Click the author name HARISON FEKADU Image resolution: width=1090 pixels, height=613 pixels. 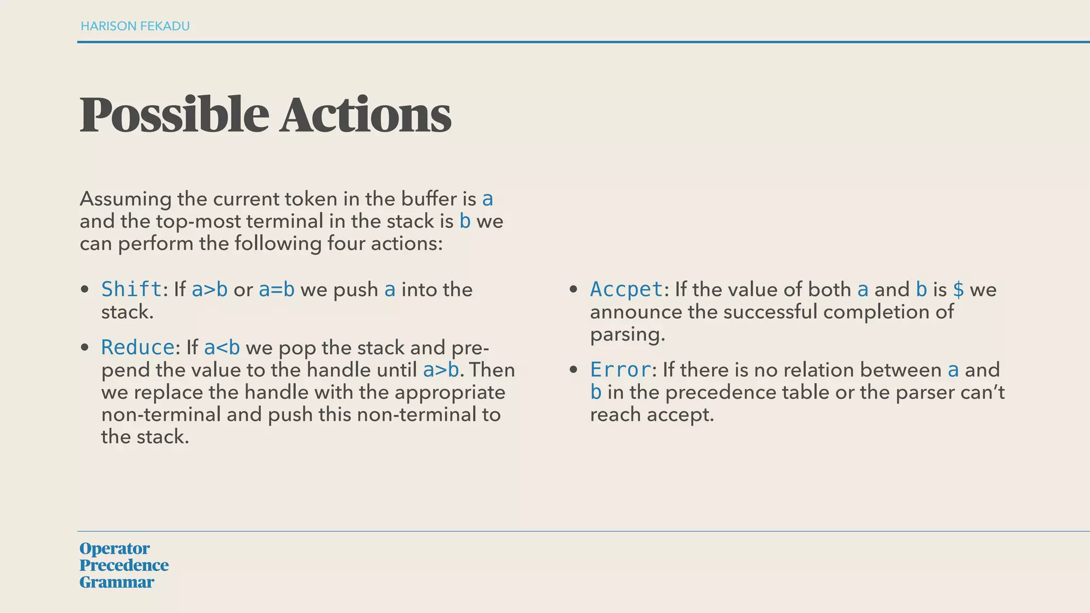coord(135,26)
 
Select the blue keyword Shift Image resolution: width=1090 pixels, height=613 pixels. coord(131,289)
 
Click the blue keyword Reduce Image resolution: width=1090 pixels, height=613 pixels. coord(138,347)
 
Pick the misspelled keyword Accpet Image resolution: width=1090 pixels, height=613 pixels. coord(626,289)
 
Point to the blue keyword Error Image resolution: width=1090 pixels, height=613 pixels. coord(621,370)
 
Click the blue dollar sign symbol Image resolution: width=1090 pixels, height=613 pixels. coord(958,289)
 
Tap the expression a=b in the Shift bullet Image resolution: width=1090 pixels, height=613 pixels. coord(277,289)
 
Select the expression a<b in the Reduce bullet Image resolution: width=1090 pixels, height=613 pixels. coord(222,347)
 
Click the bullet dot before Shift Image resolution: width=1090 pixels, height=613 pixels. coord(84,290)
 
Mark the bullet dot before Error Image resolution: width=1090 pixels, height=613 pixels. coord(573,370)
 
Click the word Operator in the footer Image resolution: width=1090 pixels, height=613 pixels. coord(114,548)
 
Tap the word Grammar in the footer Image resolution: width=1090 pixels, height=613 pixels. coord(117,582)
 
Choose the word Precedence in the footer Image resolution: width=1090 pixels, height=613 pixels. coord(124,565)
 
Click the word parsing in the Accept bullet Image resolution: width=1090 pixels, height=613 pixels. coord(627,335)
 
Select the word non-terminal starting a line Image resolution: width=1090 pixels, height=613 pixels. coord(161,415)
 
